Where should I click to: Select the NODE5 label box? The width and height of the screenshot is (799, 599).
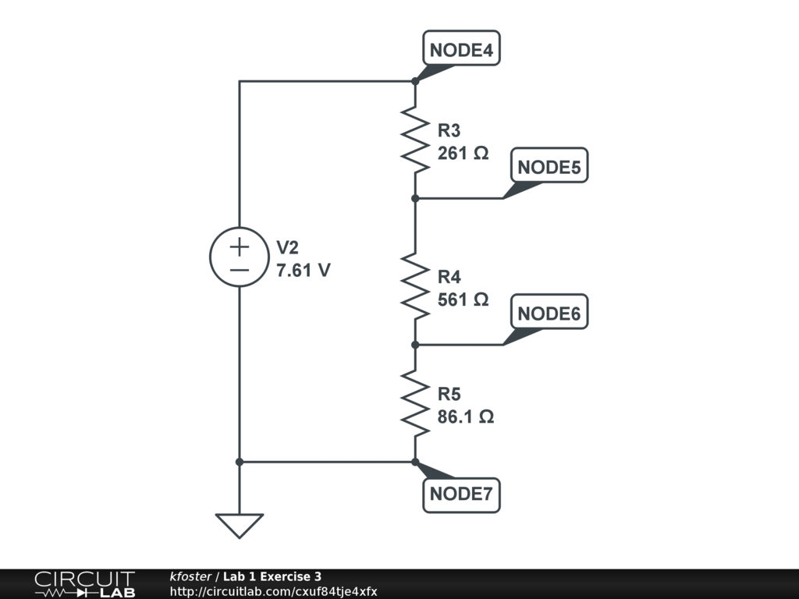click(x=549, y=166)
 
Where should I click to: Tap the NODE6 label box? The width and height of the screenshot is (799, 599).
click(x=549, y=313)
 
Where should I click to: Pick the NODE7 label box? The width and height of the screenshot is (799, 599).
click(x=461, y=494)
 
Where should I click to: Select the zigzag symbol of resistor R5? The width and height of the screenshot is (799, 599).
click(x=415, y=403)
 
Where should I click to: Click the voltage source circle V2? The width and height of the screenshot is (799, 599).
click(x=240, y=257)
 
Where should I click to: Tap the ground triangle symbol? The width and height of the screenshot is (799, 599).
click(x=240, y=525)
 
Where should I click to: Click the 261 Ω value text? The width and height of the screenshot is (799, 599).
click(x=463, y=154)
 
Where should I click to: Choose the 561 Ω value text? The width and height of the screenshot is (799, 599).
click(x=463, y=299)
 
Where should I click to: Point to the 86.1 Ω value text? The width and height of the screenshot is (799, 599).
click(x=465, y=417)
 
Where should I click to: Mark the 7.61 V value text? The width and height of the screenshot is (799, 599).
click(x=304, y=271)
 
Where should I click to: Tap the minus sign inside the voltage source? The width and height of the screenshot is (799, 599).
click(x=240, y=270)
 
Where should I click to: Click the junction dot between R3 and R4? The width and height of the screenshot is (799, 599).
click(x=415, y=198)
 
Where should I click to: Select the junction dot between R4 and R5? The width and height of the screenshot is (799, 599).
click(x=415, y=344)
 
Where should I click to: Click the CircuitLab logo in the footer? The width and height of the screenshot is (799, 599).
click(x=84, y=584)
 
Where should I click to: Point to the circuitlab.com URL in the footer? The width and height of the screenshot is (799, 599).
click(x=273, y=592)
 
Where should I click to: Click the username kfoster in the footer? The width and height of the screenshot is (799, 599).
click(x=190, y=577)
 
